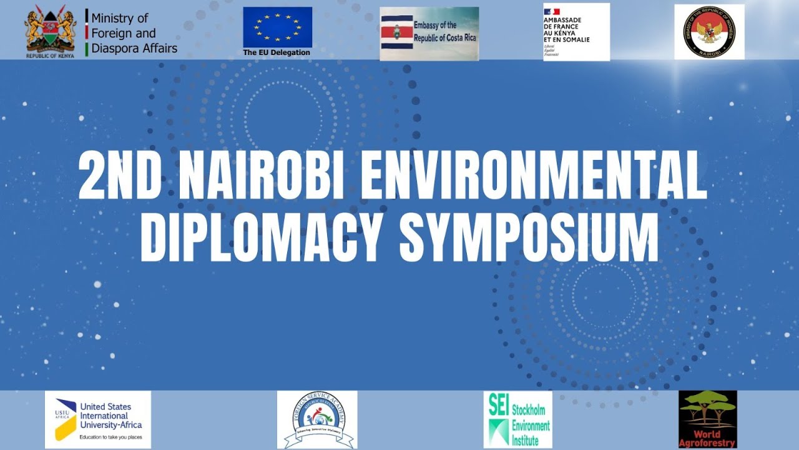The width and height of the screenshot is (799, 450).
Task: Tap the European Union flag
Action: [277, 27]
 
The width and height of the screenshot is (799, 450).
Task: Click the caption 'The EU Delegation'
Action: [277, 52]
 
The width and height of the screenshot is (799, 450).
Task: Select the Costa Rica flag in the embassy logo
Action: [396, 32]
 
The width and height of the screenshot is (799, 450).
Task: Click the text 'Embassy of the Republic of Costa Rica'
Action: [444, 31]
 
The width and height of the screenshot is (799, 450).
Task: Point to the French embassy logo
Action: [576, 32]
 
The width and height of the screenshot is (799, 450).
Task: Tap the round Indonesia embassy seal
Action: [709, 32]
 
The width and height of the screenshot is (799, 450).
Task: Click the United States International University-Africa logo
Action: [98, 419]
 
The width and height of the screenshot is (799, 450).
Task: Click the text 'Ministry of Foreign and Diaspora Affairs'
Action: [134, 33]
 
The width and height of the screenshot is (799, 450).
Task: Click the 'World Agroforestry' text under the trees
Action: [707, 439]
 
